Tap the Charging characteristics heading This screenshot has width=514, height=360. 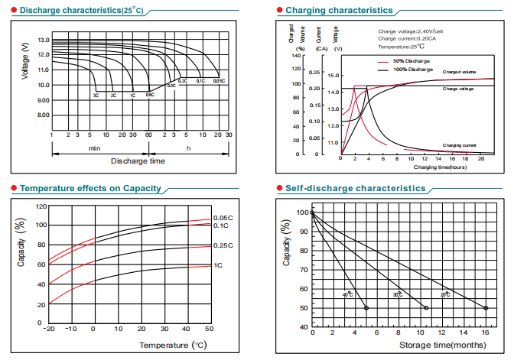pos(338,10)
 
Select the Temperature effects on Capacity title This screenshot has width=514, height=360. pos(89,188)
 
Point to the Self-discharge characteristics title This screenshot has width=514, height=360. pos(356,188)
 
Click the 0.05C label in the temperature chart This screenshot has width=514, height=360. pos(223,218)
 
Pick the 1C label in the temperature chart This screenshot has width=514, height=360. pos(218,265)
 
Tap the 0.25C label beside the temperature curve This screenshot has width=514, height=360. pos(223,245)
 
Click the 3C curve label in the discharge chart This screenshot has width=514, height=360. pos(96,96)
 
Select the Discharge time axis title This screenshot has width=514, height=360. pos(138,161)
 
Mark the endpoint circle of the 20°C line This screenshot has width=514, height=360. pos(486,308)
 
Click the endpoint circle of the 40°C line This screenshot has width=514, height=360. pos(366,308)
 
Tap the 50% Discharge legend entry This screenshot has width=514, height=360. pos(411,60)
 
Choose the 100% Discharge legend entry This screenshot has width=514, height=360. pos(412,70)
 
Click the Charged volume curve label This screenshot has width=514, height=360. pos(459,72)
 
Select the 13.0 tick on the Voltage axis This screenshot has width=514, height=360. pos(43,40)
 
